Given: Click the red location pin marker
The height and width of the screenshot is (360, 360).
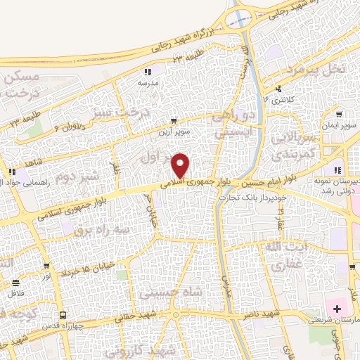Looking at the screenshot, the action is (x=181, y=165).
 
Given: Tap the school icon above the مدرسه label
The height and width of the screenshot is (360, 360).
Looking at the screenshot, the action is (x=147, y=72).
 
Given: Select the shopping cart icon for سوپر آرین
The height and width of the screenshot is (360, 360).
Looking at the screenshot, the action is (x=174, y=121).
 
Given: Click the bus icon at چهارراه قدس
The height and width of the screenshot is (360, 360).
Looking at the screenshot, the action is (x=63, y=315).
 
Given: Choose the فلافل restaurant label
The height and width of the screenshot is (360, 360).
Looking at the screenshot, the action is (x=15, y=293).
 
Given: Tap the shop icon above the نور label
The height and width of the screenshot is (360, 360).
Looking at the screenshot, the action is (x=46, y=266).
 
